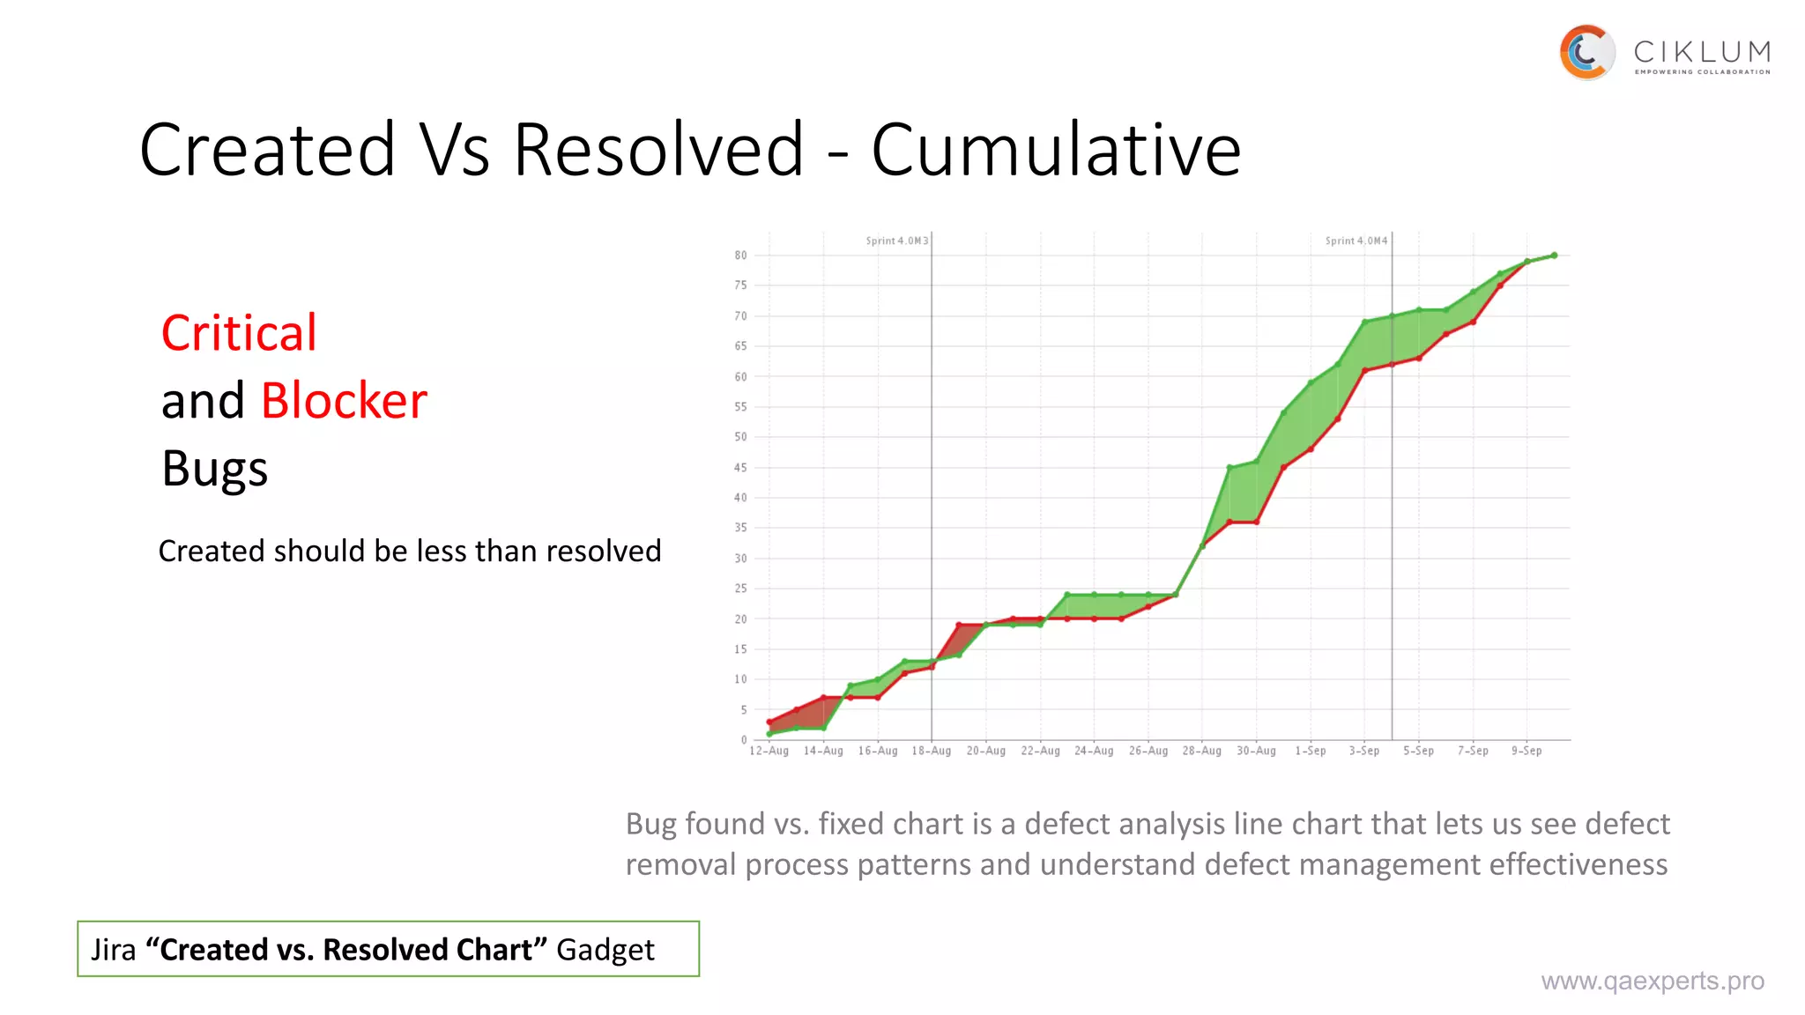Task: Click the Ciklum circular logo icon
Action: point(1586,52)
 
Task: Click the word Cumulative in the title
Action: point(1056,150)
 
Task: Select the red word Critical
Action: point(239,333)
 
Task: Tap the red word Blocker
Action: point(344,401)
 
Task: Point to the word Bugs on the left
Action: point(215,469)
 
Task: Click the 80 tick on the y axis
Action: point(740,256)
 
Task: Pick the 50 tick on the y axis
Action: point(740,437)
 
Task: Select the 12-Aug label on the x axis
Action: point(769,751)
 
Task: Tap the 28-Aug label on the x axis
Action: point(1202,751)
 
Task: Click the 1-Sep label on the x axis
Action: point(1311,751)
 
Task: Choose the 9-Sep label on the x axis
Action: point(1526,751)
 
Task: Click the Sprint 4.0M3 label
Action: point(896,241)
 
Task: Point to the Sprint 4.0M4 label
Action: point(1356,241)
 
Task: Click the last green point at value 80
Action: point(1554,256)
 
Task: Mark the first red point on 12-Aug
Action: point(769,722)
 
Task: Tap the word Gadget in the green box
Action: point(605,950)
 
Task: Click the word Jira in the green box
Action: point(114,950)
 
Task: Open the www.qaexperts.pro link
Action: point(1653,981)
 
